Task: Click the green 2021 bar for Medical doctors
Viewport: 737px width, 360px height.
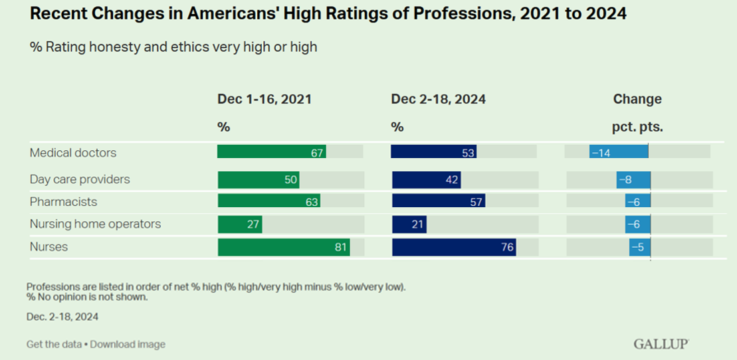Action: click(x=271, y=151)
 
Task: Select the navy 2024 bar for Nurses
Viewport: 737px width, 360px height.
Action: click(x=454, y=247)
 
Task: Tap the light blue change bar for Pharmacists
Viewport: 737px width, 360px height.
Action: click(x=638, y=202)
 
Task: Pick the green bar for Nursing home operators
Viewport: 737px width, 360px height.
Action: click(x=240, y=225)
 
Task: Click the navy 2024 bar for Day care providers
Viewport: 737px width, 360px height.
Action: click(x=426, y=180)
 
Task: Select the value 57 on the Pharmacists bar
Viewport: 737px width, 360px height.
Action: click(x=476, y=202)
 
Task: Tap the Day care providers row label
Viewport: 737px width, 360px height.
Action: click(x=80, y=179)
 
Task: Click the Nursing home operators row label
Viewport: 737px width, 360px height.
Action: click(x=95, y=224)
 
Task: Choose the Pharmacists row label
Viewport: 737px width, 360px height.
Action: click(x=63, y=201)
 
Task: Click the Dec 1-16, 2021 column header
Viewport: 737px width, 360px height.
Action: click(x=264, y=99)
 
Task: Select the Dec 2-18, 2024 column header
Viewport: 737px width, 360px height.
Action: click(x=438, y=99)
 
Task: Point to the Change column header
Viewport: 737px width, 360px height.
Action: click(x=637, y=99)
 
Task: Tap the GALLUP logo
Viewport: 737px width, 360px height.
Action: click(x=661, y=343)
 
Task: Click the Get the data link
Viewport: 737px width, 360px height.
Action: click(x=54, y=344)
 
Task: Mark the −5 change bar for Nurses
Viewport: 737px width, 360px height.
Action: click(x=640, y=247)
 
